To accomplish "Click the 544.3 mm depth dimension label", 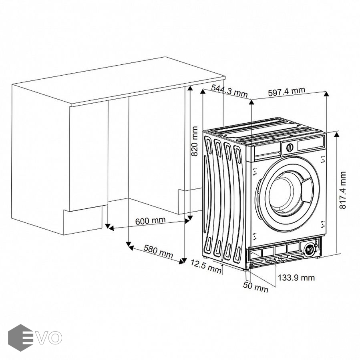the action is coord(229,91).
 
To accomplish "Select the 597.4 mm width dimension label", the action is coord(287,92).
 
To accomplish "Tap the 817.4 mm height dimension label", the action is coord(342,190).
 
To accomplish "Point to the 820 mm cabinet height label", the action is coord(195,141).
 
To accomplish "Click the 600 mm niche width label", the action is coord(150,221).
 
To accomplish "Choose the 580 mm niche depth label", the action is coord(158,251).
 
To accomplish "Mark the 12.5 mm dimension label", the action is coord(206,266).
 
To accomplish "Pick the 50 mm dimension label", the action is coord(255,287).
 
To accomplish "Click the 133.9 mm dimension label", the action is coord(296,278).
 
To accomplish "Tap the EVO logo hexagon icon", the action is coord(20,338).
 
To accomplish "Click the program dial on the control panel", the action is coord(290,147).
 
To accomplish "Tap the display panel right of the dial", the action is coord(311,144).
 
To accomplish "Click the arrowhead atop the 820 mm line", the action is coord(190,89).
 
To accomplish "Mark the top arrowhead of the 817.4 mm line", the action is coord(336,134).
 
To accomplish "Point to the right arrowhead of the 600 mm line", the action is coord(187,221).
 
